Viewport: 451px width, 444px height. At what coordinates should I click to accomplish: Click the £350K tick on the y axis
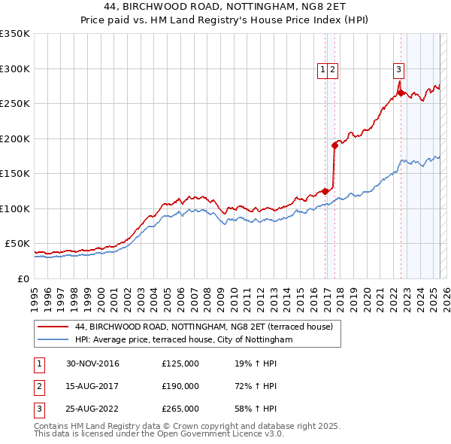click(15, 34)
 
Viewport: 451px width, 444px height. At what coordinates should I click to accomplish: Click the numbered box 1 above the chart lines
click(322, 70)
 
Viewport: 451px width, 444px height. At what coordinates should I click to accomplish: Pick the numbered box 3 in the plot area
click(398, 70)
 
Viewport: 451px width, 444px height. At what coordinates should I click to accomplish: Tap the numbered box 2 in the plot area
click(332, 70)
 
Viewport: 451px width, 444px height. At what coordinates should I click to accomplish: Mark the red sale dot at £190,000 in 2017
click(334, 146)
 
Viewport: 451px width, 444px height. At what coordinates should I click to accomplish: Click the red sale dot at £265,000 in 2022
click(401, 93)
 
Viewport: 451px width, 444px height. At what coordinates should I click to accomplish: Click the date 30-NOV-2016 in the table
click(92, 364)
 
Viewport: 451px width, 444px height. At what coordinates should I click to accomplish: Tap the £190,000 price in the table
click(180, 386)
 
